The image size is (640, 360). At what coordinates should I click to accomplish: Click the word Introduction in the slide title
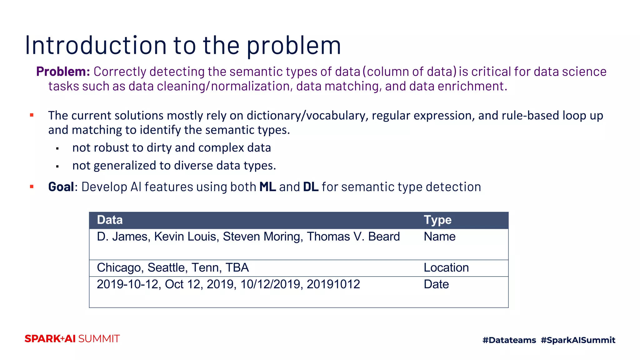[x=95, y=46]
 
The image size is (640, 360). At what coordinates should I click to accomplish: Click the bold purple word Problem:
[x=63, y=72]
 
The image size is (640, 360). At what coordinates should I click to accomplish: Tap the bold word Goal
[x=61, y=187]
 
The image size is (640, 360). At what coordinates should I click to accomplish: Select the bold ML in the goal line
[x=267, y=187]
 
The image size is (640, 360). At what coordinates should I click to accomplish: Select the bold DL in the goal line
[x=311, y=187]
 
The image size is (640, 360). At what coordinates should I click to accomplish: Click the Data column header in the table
[x=110, y=220]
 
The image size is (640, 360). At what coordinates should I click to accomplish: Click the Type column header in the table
[x=437, y=220]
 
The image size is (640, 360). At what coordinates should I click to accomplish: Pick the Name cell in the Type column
[x=439, y=237]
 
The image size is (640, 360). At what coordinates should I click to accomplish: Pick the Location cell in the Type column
[x=446, y=268]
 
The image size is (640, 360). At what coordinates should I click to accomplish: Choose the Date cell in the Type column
[x=436, y=284]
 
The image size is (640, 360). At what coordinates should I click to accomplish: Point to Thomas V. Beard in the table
[x=353, y=237]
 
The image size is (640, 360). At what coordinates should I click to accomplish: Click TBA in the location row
[x=237, y=268]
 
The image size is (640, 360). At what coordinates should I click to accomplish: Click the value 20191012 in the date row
[x=333, y=284]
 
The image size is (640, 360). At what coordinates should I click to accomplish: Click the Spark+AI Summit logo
[x=72, y=339]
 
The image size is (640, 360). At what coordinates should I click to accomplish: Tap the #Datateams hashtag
[x=509, y=340]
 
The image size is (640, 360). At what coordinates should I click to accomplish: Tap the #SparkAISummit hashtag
[x=578, y=340]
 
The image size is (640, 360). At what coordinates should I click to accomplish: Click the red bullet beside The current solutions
[x=32, y=115]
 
